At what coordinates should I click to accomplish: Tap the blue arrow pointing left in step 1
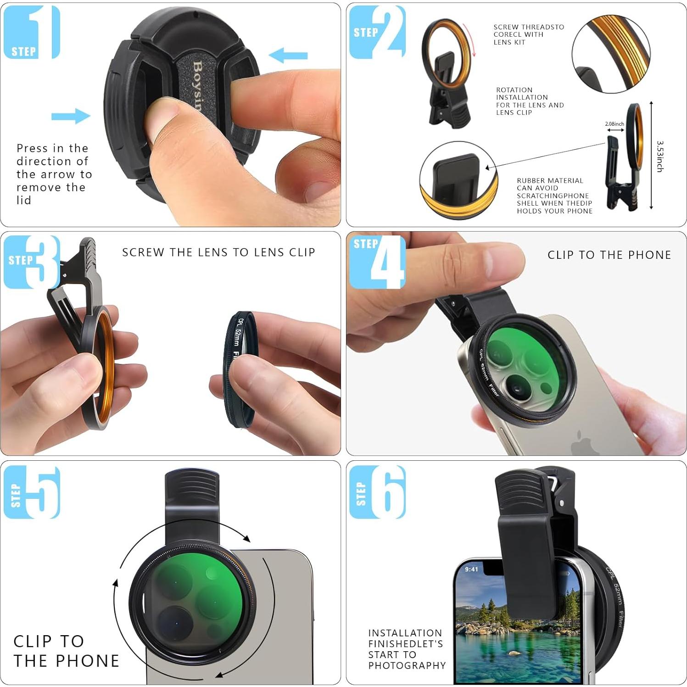click(x=288, y=56)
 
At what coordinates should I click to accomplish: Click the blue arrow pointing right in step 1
click(x=71, y=116)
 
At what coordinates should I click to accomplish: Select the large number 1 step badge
click(x=32, y=32)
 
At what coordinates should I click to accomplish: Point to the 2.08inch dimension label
click(x=614, y=124)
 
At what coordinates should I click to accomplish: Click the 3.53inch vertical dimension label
click(x=660, y=156)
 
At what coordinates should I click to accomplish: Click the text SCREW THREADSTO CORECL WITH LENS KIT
click(x=528, y=34)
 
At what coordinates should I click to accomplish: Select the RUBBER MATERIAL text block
click(x=554, y=196)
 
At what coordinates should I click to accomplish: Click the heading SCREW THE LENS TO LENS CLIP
click(x=218, y=252)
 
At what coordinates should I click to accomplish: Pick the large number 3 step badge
click(x=32, y=262)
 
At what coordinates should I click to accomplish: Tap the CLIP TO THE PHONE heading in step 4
click(x=609, y=255)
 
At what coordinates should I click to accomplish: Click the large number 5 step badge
click(x=32, y=492)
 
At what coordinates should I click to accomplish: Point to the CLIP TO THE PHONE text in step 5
click(x=66, y=651)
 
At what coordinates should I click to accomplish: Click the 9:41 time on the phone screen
click(x=471, y=569)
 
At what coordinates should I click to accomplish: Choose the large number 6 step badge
click(x=378, y=492)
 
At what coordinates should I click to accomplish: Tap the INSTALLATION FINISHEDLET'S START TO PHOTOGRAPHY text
click(x=407, y=649)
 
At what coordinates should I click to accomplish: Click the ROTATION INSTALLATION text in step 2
click(x=530, y=101)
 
